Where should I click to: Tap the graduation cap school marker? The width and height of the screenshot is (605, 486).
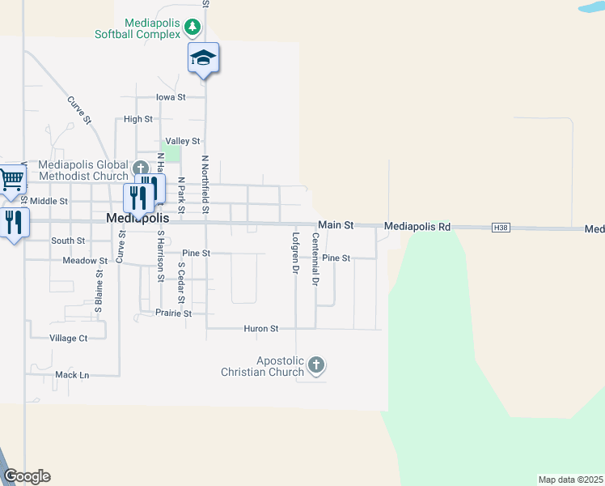pos(204,58)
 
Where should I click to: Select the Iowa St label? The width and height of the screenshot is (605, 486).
pos(171,97)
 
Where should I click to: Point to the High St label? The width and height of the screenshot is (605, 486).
pos(138,119)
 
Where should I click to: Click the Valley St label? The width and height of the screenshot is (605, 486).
pos(183,141)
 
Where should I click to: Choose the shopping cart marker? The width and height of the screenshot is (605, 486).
pos(11,180)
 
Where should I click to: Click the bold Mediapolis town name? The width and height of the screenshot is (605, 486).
pos(138,219)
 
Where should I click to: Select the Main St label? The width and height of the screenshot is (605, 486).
pos(336,225)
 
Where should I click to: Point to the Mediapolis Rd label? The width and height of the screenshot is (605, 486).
pos(417,227)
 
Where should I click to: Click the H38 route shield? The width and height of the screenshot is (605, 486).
pos(501,228)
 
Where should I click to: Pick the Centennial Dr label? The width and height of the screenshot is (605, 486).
pos(315,260)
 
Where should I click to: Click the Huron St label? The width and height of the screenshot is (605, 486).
pos(261,329)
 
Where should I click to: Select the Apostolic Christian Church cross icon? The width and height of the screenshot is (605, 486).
pos(316,366)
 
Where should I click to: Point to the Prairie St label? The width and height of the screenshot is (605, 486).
pos(176,313)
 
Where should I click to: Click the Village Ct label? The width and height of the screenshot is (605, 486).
pos(68,339)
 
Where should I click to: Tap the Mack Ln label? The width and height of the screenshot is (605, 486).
pos(72,375)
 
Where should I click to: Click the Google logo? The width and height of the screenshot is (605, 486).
pos(27,476)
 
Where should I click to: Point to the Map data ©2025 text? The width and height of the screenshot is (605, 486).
pos(570,480)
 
